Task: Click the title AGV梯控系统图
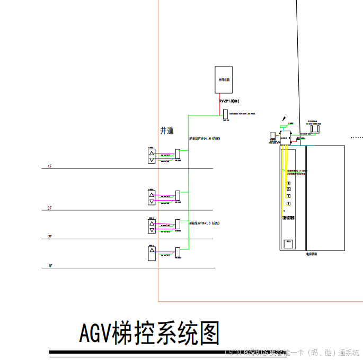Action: pos(149,333)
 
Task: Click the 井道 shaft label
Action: pos(167,131)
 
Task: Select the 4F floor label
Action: pos(49,167)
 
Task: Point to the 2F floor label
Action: pos(50,237)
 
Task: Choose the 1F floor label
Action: pos(50,266)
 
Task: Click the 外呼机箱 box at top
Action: pos(224,80)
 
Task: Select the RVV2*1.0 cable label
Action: pos(229,101)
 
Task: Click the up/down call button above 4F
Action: pos(152,156)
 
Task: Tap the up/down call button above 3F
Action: pos(152,198)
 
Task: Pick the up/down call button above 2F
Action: pos(152,227)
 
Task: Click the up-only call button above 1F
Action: pos(152,254)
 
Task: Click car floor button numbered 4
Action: pos(288,183)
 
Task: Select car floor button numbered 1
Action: pos(288,204)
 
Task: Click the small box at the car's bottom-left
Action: pos(289,244)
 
